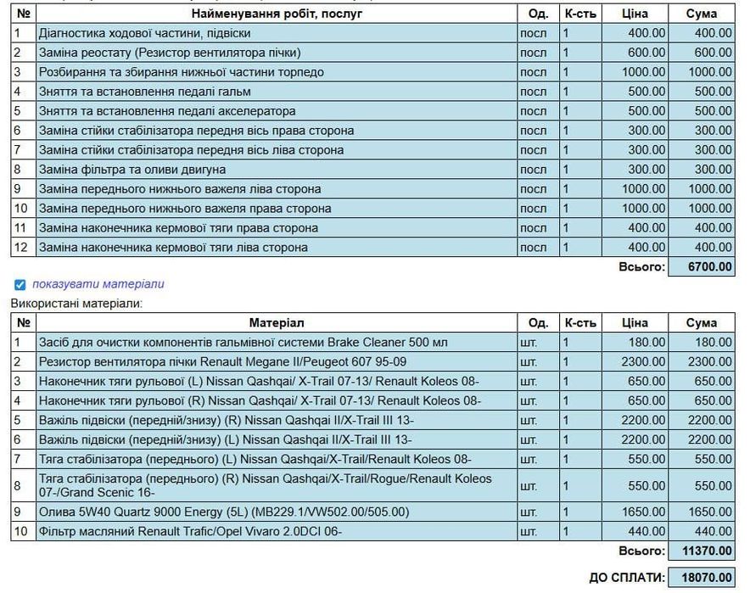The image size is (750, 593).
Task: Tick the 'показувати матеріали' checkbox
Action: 20,284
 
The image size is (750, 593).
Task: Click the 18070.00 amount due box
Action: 701,577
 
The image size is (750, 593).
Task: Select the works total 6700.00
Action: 701,267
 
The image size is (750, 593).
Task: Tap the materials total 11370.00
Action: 701,551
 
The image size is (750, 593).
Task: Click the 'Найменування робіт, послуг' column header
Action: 277,14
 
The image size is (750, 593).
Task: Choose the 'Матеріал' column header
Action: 277,322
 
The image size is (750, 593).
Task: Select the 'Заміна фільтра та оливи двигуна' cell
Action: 132,170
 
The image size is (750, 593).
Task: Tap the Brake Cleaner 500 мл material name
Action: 243,342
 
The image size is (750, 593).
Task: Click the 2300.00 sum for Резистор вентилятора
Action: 701,361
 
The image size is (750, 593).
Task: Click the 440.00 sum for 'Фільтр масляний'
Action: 701,531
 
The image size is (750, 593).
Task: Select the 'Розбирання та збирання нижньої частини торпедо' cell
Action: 181,72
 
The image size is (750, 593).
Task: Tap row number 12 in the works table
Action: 23,248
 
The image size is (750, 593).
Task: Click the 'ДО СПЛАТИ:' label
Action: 626,578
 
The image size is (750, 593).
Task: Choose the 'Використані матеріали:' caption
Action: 77,302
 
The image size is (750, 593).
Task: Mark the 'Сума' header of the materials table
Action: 701,322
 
